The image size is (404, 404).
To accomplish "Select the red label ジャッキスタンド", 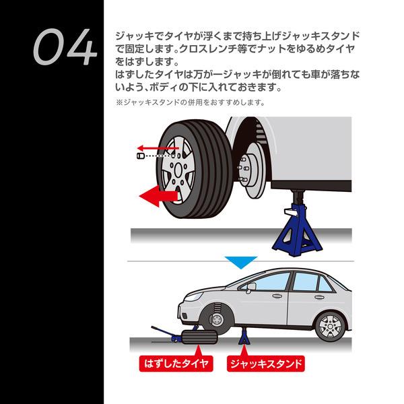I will tap(266, 364).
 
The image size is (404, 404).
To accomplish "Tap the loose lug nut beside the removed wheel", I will tap(140, 156).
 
